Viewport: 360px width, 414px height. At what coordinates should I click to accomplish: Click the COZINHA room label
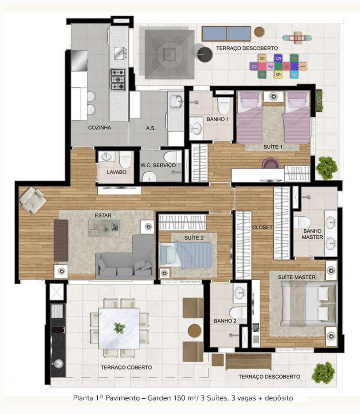(x=99, y=128)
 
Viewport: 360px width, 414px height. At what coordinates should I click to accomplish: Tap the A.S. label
(x=151, y=128)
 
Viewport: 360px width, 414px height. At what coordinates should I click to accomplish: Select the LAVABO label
(x=117, y=172)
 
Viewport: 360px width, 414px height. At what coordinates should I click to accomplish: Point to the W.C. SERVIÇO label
(x=158, y=165)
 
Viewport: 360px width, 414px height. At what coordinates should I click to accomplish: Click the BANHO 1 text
(x=217, y=119)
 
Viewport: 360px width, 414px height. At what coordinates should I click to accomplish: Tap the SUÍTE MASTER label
(x=297, y=277)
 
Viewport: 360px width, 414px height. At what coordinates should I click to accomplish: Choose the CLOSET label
(x=262, y=227)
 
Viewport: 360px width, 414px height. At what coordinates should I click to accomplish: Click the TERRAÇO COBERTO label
(x=126, y=368)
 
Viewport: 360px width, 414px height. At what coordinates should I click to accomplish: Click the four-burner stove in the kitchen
(x=118, y=79)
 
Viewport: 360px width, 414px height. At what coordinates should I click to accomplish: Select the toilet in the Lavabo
(x=125, y=160)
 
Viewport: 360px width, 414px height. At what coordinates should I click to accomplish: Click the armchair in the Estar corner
(x=32, y=200)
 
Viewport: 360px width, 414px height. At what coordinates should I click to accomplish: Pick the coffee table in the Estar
(x=103, y=228)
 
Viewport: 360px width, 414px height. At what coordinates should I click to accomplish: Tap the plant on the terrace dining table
(x=120, y=328)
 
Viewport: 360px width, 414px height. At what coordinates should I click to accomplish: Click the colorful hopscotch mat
(x=278, y=66)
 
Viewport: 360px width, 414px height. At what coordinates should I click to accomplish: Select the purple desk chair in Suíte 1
(x=270, y=163)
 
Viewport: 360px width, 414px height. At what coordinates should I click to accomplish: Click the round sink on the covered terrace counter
(x=58, y=364)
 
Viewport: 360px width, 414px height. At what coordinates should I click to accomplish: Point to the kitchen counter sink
(x=120, y=53)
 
